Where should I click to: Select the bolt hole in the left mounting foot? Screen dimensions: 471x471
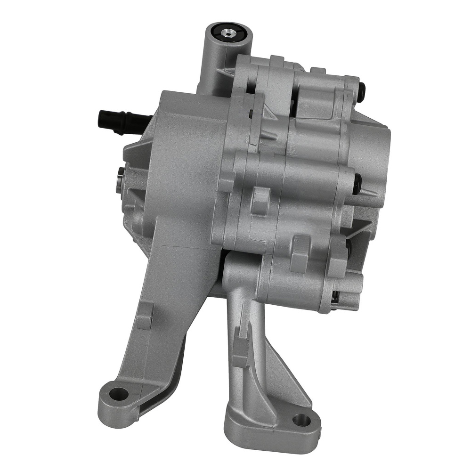(x=118, y=393)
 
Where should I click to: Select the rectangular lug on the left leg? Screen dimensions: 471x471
(x=144, y=316)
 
